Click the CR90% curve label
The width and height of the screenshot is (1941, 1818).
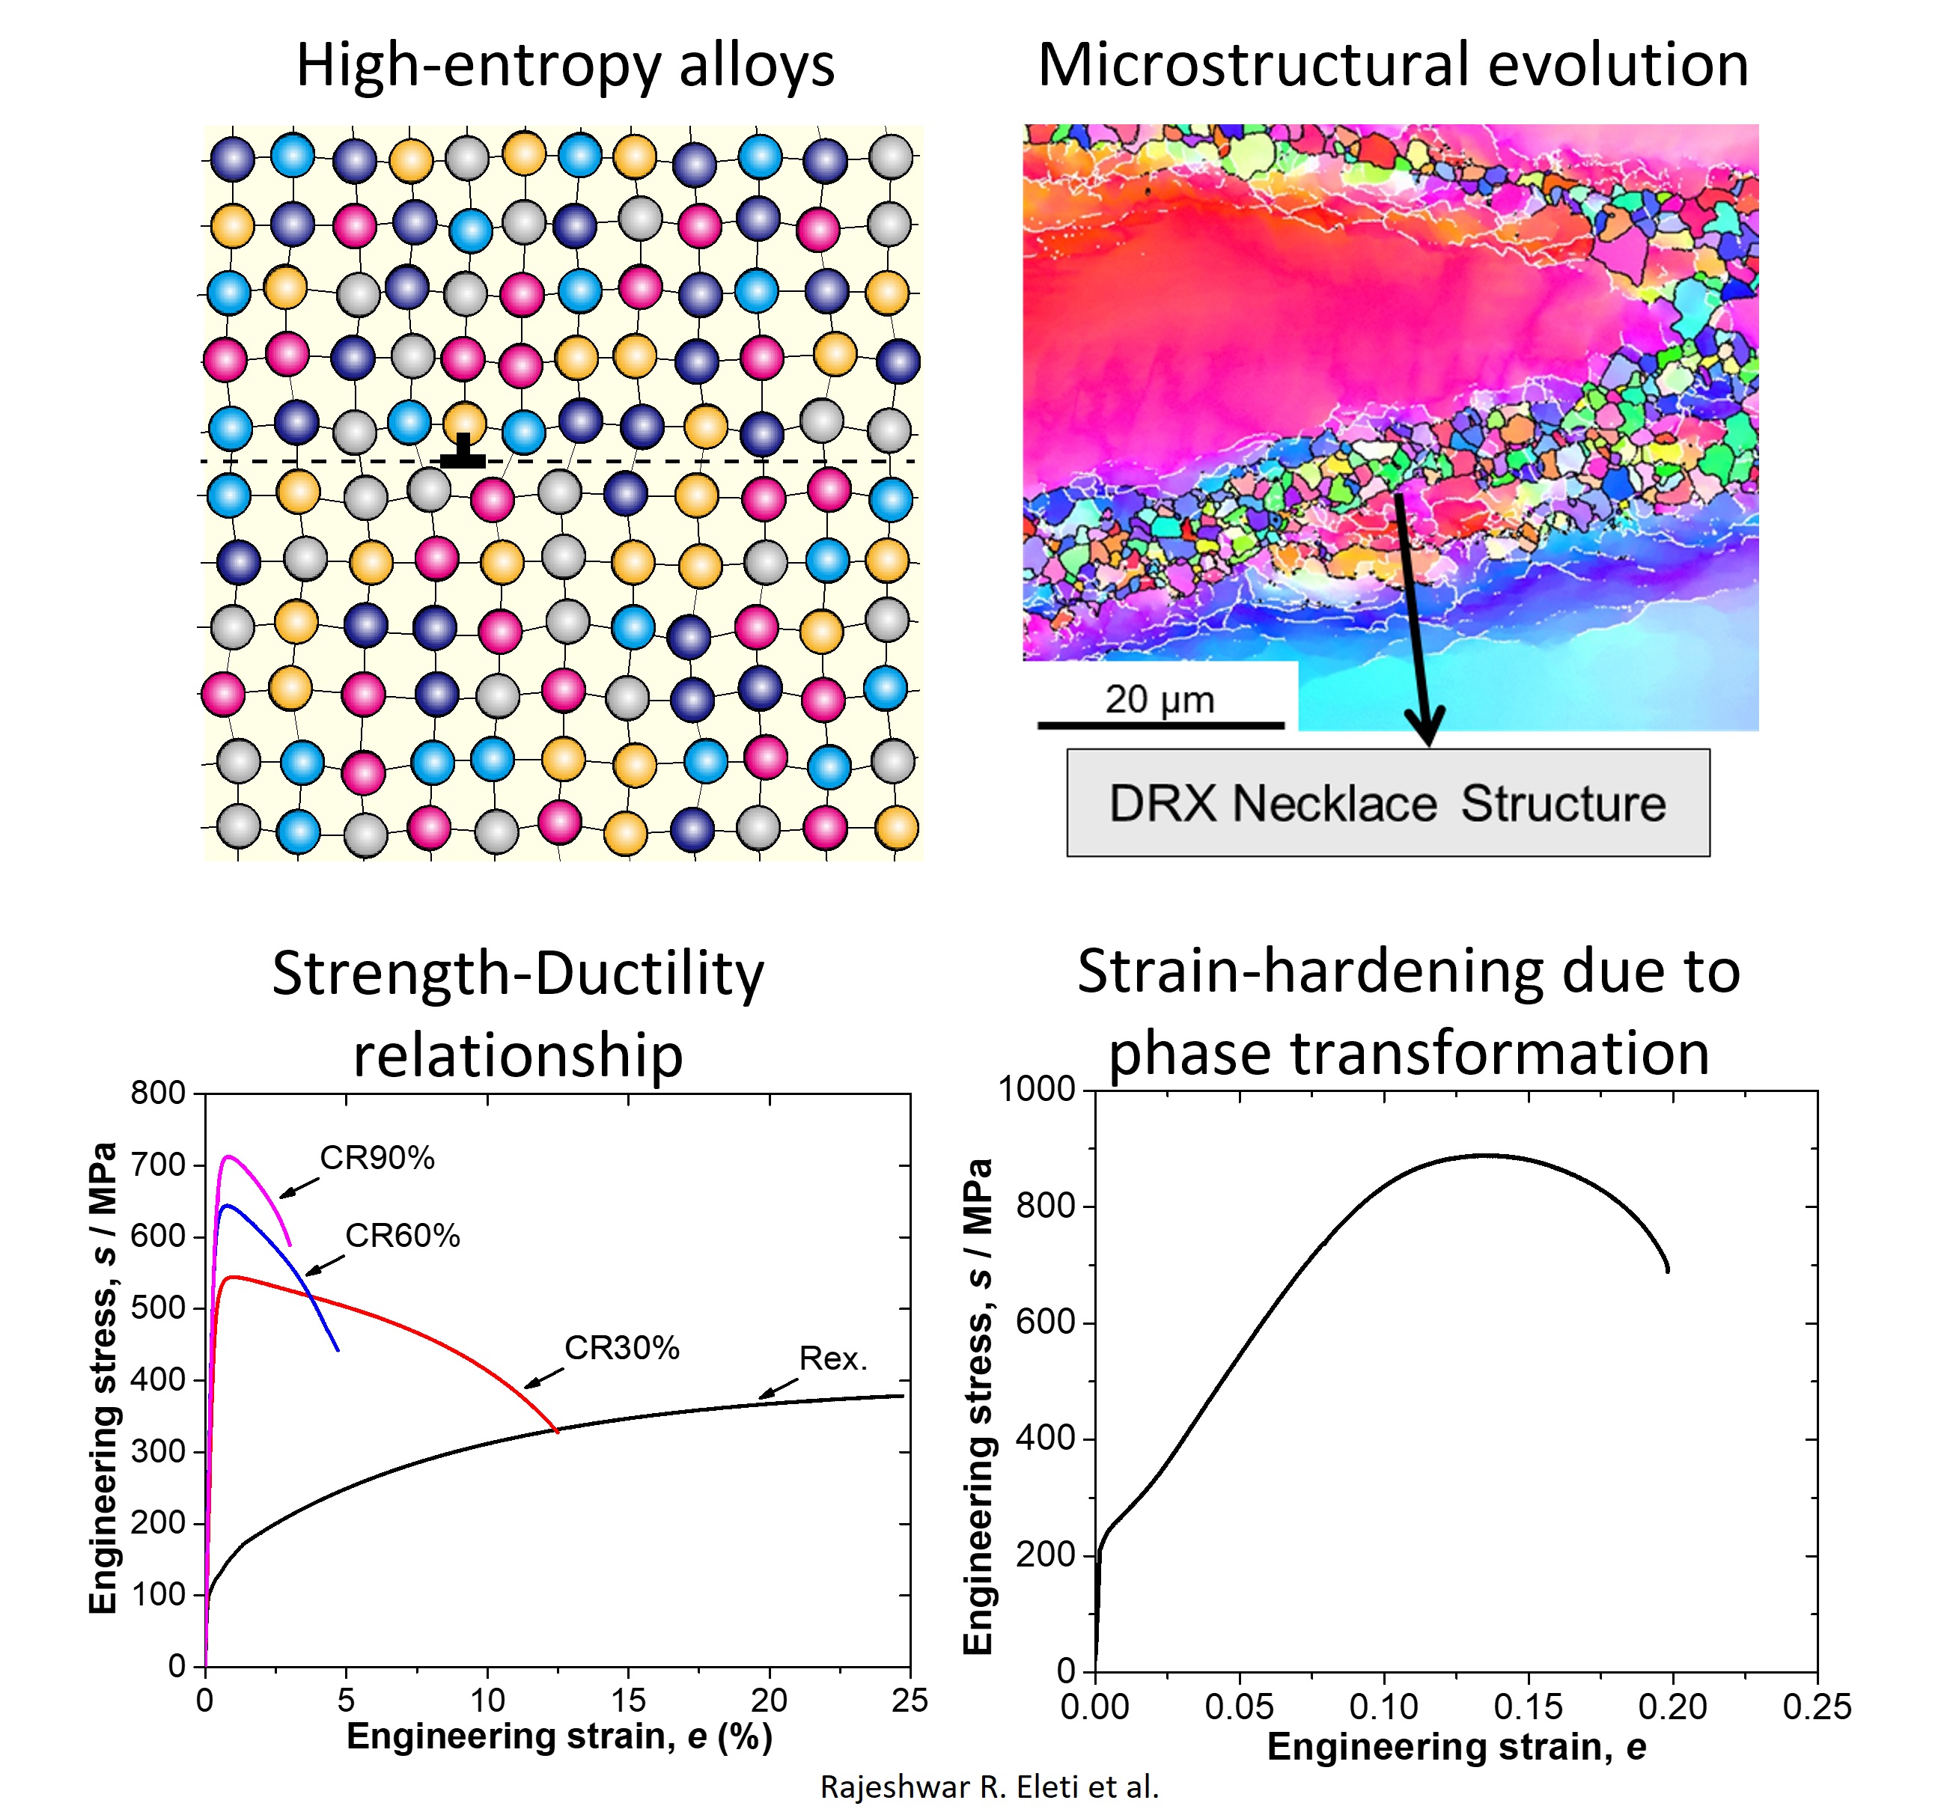(377, 1158)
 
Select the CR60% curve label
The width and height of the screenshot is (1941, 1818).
(402, 1236)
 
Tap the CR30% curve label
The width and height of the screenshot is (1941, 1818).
(622, 1349)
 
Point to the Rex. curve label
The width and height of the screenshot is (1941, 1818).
(833, 1358)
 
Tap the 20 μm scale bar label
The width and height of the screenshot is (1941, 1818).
(1160, 699)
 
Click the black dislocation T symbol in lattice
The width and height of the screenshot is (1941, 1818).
(463, 452)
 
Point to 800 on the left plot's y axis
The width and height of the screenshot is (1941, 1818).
(158, 1093)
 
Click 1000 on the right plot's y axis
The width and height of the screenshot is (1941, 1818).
(1036, 1089)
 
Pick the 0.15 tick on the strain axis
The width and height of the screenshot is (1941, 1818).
(1528, 1706)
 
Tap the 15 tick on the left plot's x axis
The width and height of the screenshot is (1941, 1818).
(628, 1700)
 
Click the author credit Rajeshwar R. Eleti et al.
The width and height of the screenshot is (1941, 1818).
(989, 1787)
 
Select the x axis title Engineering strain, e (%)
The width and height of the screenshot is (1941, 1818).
(559, 1736)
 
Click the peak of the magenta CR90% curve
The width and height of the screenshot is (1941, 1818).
(228, 1157)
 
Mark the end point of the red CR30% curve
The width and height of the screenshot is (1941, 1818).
(558, 1433)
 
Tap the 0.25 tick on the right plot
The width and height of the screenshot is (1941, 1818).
(1817, 1706)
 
